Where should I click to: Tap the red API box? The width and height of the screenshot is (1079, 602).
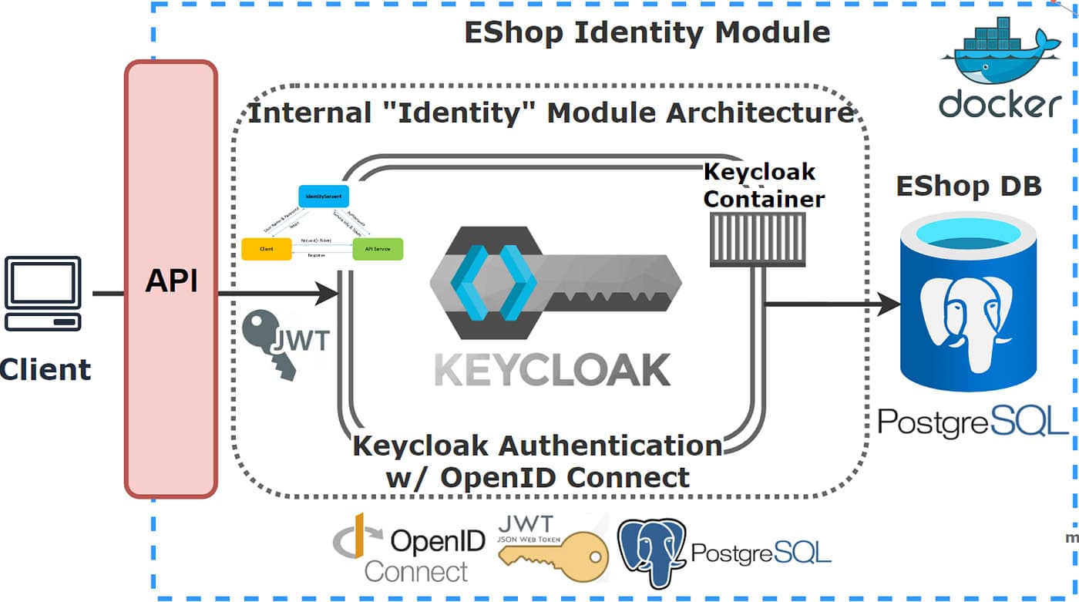(x=171, y=279)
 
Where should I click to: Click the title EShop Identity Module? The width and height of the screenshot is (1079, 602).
(x=647, y=32)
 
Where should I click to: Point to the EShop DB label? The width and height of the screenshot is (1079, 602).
(x=968, y=186)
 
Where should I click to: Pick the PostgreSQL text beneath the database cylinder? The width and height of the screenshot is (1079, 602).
(x=973, y=422)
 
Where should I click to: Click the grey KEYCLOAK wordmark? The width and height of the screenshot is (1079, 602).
(x=552, y=369)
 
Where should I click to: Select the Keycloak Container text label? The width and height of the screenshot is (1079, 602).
(x=763, y=185)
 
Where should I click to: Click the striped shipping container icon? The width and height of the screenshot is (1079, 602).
(x=757, y=240)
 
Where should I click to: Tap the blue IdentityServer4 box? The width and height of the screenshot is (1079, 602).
(x=324, y=197)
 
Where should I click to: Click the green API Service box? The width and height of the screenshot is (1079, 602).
(x=377, y=249)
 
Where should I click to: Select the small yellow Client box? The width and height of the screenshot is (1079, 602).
(x=266, y=249)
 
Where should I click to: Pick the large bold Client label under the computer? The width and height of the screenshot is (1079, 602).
(x=45, y=369)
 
